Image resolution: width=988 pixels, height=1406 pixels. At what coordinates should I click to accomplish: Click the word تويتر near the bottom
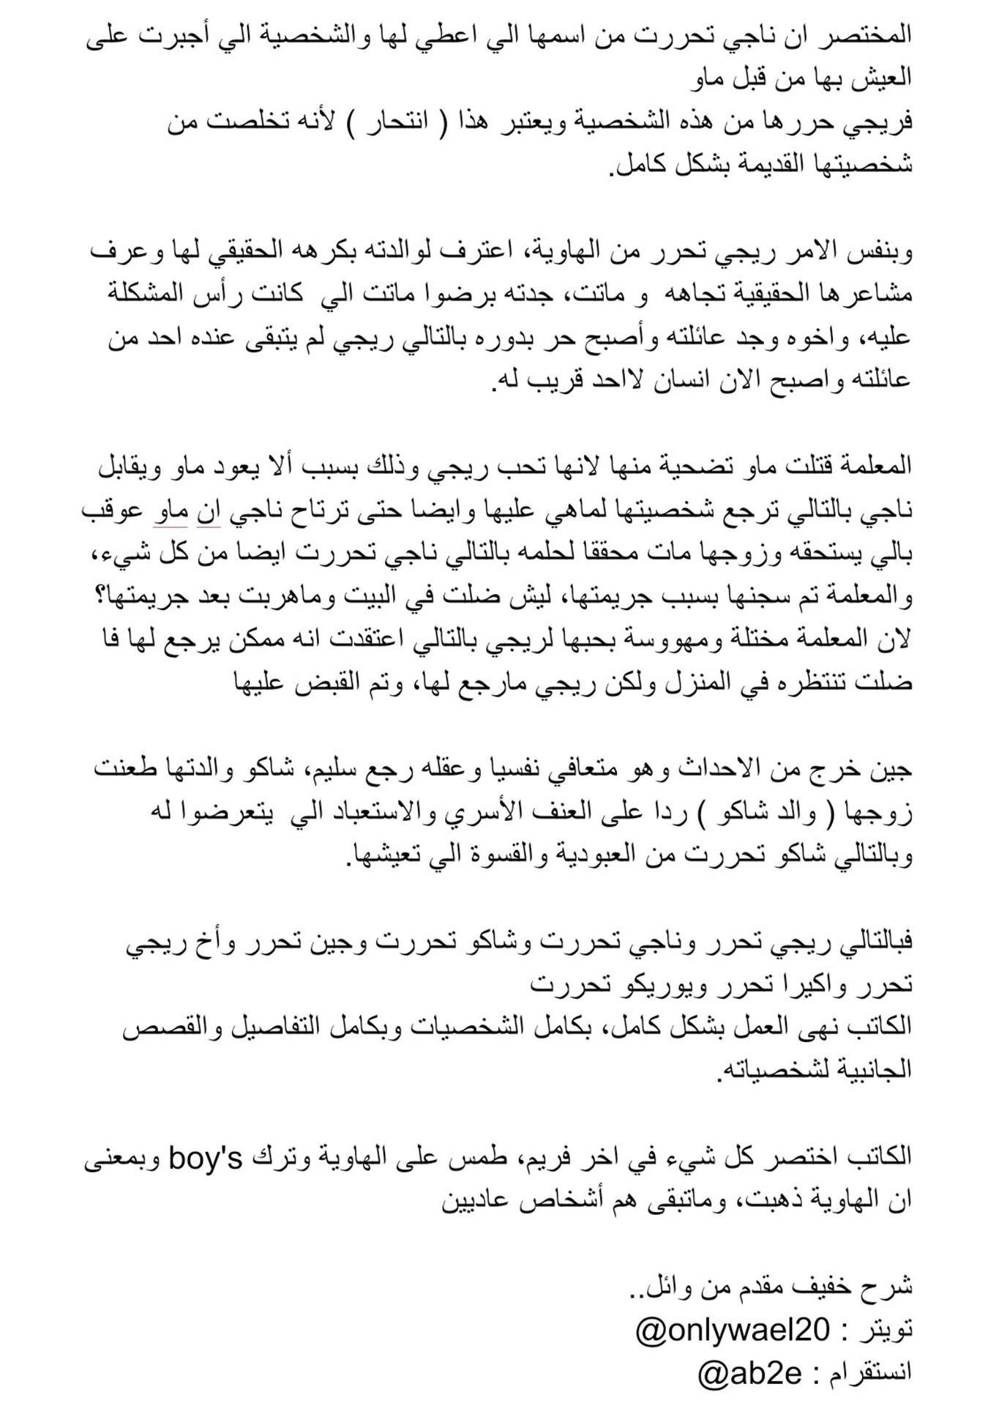pyautogui.click(x=887, y=1328)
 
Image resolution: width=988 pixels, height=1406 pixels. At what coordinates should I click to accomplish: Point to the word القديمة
pyautogui.click(x=734, y=163)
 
